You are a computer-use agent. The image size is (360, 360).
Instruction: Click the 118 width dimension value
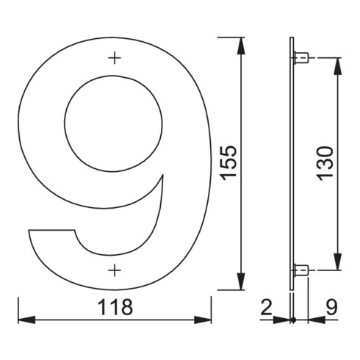[x=115, y=306]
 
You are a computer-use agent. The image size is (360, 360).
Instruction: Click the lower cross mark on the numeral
[x=114, y=271]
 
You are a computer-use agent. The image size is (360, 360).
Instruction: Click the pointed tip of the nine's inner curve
[x=162, y=177]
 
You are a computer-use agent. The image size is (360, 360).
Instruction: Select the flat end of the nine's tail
[x=52, y=231]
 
